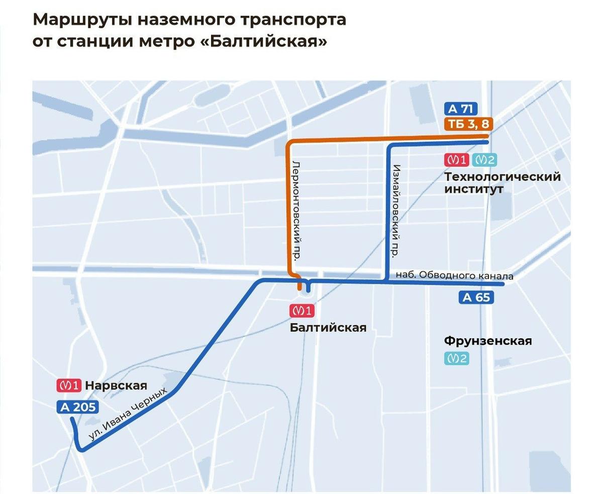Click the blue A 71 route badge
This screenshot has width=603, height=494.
pyautogui.click(x=460, y=109)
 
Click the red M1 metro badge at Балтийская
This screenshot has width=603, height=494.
pyautogui.click(x=301, y=311)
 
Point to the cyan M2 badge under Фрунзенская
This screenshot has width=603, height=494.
pyautogui.click(x=456, y=358)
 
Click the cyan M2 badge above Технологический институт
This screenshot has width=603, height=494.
pyautogui.click(x=485, y=160)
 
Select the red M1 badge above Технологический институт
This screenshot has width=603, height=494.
pyautogui.click(x=456, y=160)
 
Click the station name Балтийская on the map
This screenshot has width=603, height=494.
pyautogui.click(x=328, y=328)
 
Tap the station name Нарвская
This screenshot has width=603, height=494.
pyautogui.click(x=116, y=386)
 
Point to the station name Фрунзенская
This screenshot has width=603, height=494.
pyautogui.click(x=487, y=341)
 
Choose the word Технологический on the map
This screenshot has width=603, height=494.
pyautogui.click(x=502, y=177)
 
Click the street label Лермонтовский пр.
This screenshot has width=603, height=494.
pyautogui.click(x=296, y=210)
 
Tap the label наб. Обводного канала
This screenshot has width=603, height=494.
pyautogui.click(x=455, y=276)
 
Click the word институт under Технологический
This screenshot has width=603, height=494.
pyautogui.click(x=473, y=190)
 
